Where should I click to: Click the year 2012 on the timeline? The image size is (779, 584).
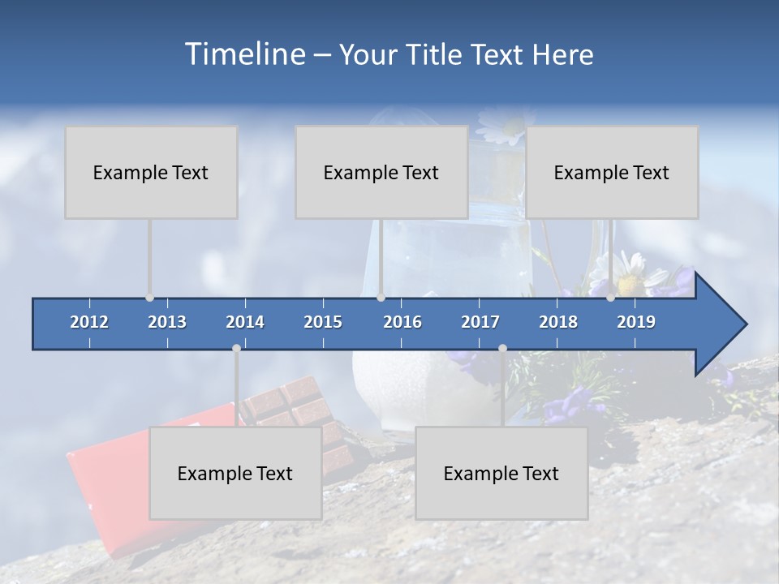click(x=89, y=322)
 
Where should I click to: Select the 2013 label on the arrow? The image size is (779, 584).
click(x=167, y=322)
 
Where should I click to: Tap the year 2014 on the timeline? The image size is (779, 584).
click(x=245, y=322)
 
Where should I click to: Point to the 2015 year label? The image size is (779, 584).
click(x=323, y=322)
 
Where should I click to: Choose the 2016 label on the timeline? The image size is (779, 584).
click(x=402, y=322)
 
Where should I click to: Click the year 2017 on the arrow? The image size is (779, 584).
click(x=480, y=322)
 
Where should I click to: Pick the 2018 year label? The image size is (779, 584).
click(x=558, y=322)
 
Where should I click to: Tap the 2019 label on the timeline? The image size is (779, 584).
click(x=636, y=322)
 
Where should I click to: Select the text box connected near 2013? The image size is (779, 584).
click(x=151, y=173)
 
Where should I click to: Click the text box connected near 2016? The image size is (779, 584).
click(x=381, y=173)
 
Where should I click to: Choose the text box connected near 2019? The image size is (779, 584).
click(x=612, y=173)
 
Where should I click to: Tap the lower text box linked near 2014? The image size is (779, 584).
click(x=235, y=474)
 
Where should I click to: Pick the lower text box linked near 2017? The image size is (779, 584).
click(x=501, y=474)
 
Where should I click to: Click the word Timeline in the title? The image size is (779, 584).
click(x=244, y=54)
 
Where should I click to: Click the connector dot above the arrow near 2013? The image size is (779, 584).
click(x=149, y=298)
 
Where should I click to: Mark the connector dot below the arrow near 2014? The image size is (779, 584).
click(x=236, y=348)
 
